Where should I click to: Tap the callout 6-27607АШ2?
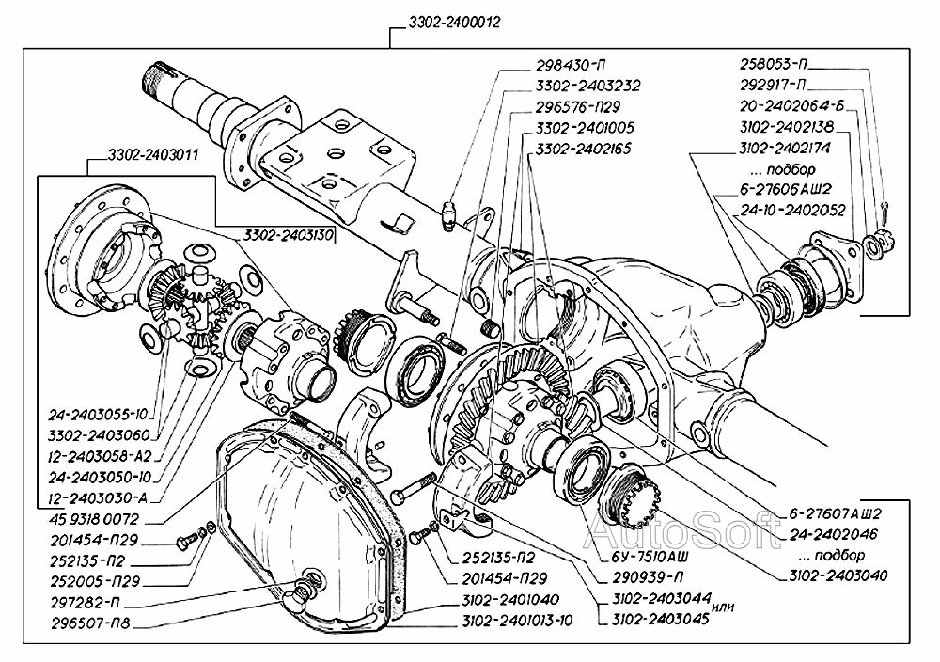[830, 514]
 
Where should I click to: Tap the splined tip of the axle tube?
[157, 74]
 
